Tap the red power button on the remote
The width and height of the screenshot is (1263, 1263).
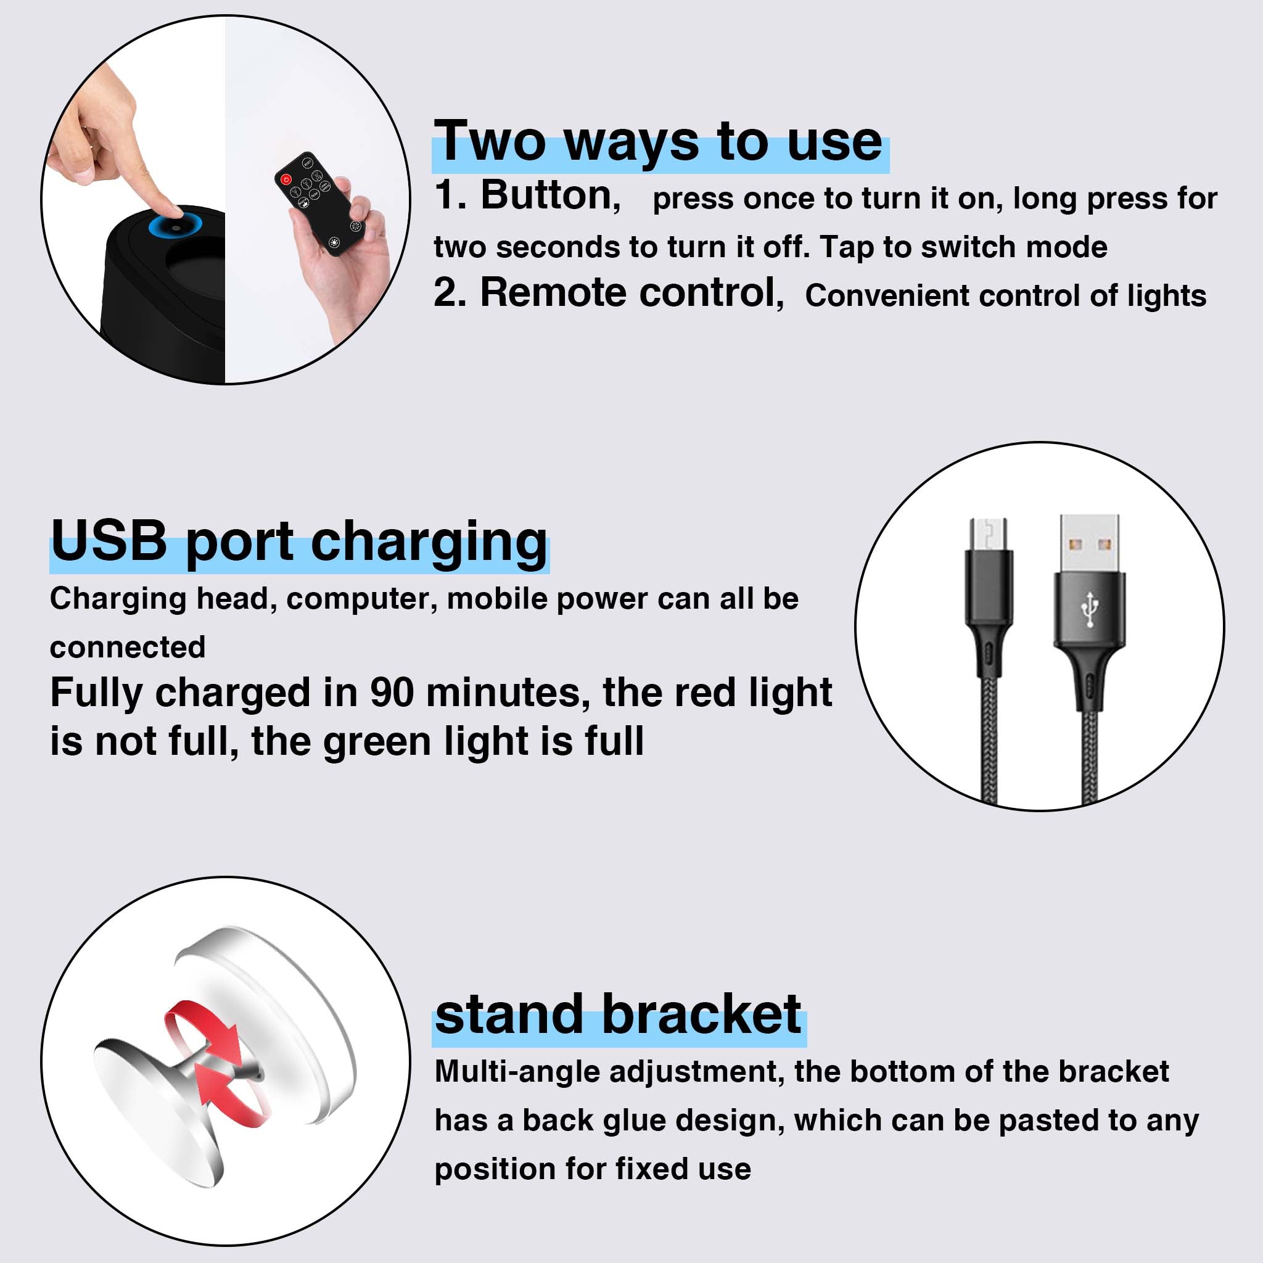click(286, 179)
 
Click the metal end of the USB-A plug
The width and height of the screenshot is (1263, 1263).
click(1089, 543)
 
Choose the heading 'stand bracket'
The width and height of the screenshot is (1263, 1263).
click(618, 1014)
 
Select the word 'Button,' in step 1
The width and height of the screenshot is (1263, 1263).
click(551, 195)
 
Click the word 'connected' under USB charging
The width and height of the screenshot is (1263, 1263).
click(128, 647)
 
